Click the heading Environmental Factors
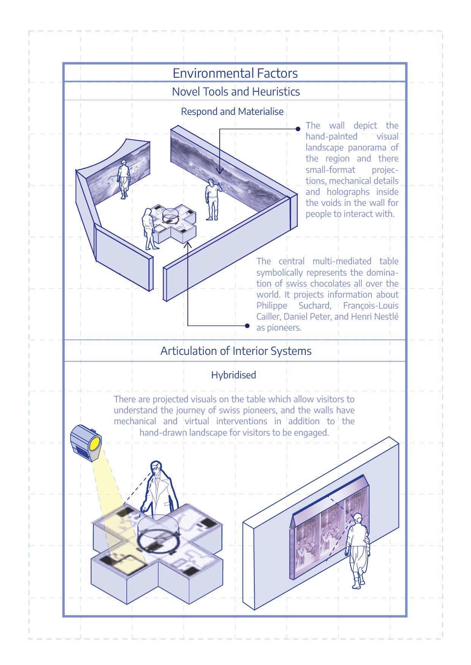click(235, 73)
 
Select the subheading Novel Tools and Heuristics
click(236, 92)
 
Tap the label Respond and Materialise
click(232, 112)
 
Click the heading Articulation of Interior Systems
click(236, 351)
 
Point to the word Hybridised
click(233, 375)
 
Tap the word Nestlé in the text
click(386, 317)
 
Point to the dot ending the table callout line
click(247, 326)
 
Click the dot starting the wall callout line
click(298, 129)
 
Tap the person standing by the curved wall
click(124, 179)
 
